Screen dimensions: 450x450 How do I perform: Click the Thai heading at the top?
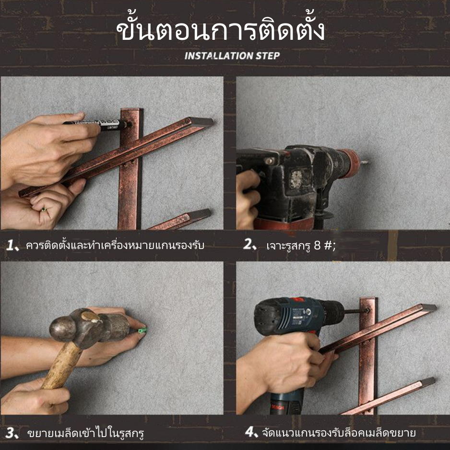[220, 28]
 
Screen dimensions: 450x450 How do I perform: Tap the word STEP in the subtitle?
[268, 56]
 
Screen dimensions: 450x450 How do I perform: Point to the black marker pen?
[96, 125]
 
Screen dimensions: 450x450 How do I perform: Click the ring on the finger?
[44, 210]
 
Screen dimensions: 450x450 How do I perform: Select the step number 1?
[11, 246]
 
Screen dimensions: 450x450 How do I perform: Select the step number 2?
[248, 244]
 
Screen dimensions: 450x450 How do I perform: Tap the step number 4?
[249, 432]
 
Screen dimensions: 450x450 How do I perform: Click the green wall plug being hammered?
[142, 331]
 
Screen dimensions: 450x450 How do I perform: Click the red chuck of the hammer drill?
[348, 163]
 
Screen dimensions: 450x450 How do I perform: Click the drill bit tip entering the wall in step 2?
[367, 163]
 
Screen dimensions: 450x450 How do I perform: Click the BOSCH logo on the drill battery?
[277, 407]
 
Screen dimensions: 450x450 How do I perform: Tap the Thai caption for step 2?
[300, 246]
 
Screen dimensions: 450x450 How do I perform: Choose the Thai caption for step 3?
[85, 433]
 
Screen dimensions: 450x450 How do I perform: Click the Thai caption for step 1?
[115, 245]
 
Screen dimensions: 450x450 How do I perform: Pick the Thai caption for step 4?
[339, 432]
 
